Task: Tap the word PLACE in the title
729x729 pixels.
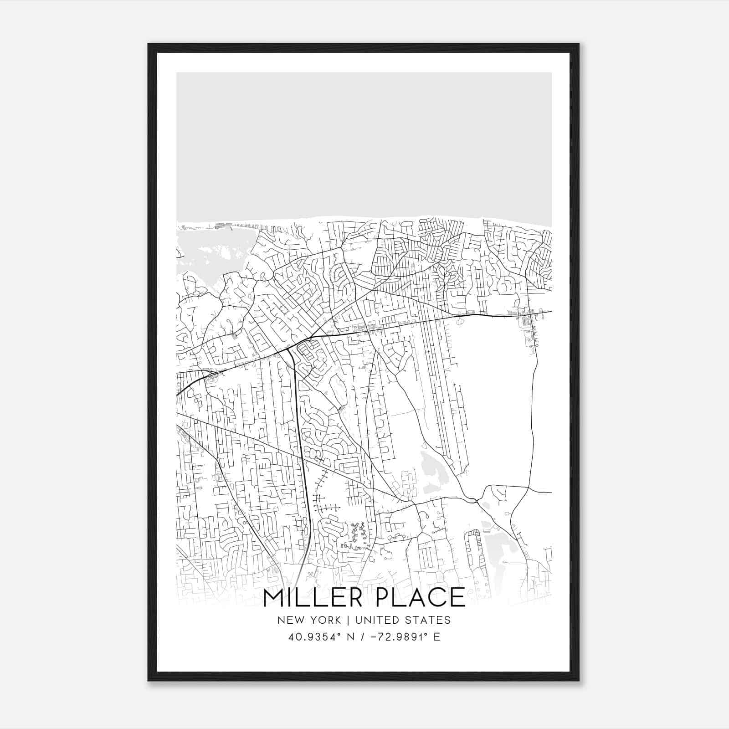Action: tap(420, 598)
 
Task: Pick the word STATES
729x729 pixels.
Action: tap(428, 620)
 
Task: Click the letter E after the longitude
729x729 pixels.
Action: tap(437, 637)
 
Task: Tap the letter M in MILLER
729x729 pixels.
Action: tap(274, 598)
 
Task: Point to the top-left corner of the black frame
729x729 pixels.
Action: tap(149, 45)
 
